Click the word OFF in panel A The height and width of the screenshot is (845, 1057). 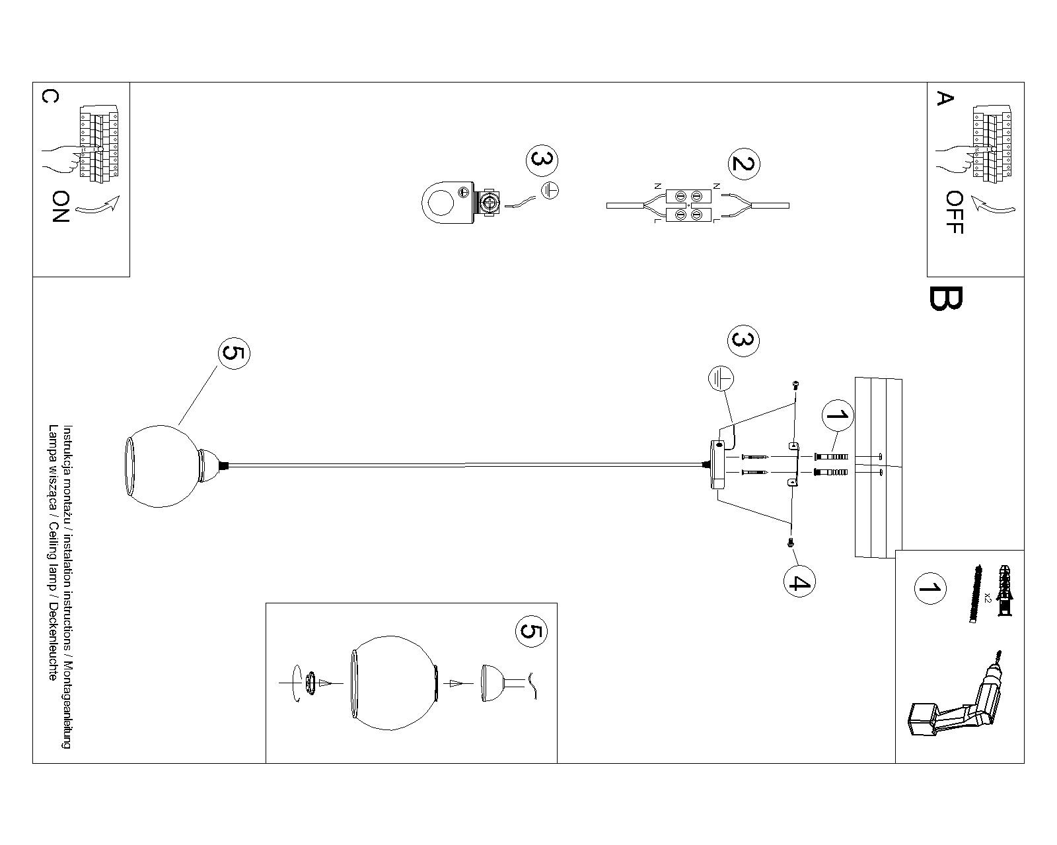(955, 213)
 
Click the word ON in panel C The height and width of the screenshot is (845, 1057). (61, 207)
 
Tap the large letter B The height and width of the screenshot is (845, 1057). (946, 299)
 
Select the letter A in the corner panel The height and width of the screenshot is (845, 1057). (945, 99)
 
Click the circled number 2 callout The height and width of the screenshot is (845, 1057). (744, 164)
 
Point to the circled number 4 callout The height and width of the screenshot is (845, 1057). (799, 582)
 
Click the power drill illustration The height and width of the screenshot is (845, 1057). (958, 703)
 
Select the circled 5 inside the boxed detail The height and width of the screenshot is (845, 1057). (530, 632)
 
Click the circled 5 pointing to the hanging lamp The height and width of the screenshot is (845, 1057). (234, 354)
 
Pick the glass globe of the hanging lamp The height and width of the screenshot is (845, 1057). (162, 472)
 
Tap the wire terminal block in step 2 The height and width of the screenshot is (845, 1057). (688, 205)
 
